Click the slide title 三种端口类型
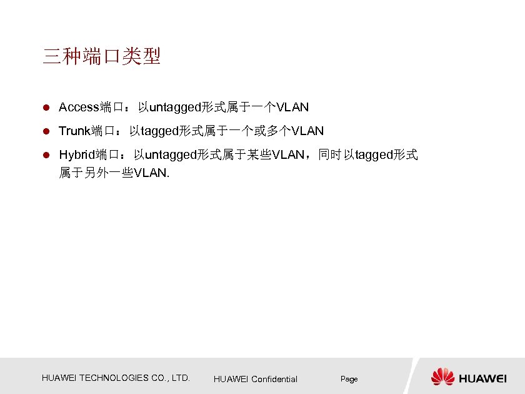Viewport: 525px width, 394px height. (102, 57)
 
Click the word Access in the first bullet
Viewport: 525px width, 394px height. (79, 108)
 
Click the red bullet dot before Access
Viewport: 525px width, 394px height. (46, 108)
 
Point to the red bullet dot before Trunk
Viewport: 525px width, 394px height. (46, 131)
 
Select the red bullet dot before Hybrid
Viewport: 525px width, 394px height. (46, 155)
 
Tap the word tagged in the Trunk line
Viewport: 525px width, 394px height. (161, 131)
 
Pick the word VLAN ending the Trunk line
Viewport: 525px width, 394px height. (307, 131)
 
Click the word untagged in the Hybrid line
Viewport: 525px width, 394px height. (170, 155)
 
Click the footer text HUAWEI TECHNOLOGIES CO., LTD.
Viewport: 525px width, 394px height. (116, 378)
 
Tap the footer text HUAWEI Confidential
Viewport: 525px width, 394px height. (255, 379)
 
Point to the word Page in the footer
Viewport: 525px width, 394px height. (349, 379)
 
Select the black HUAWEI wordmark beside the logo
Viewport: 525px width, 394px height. (483, 378)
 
